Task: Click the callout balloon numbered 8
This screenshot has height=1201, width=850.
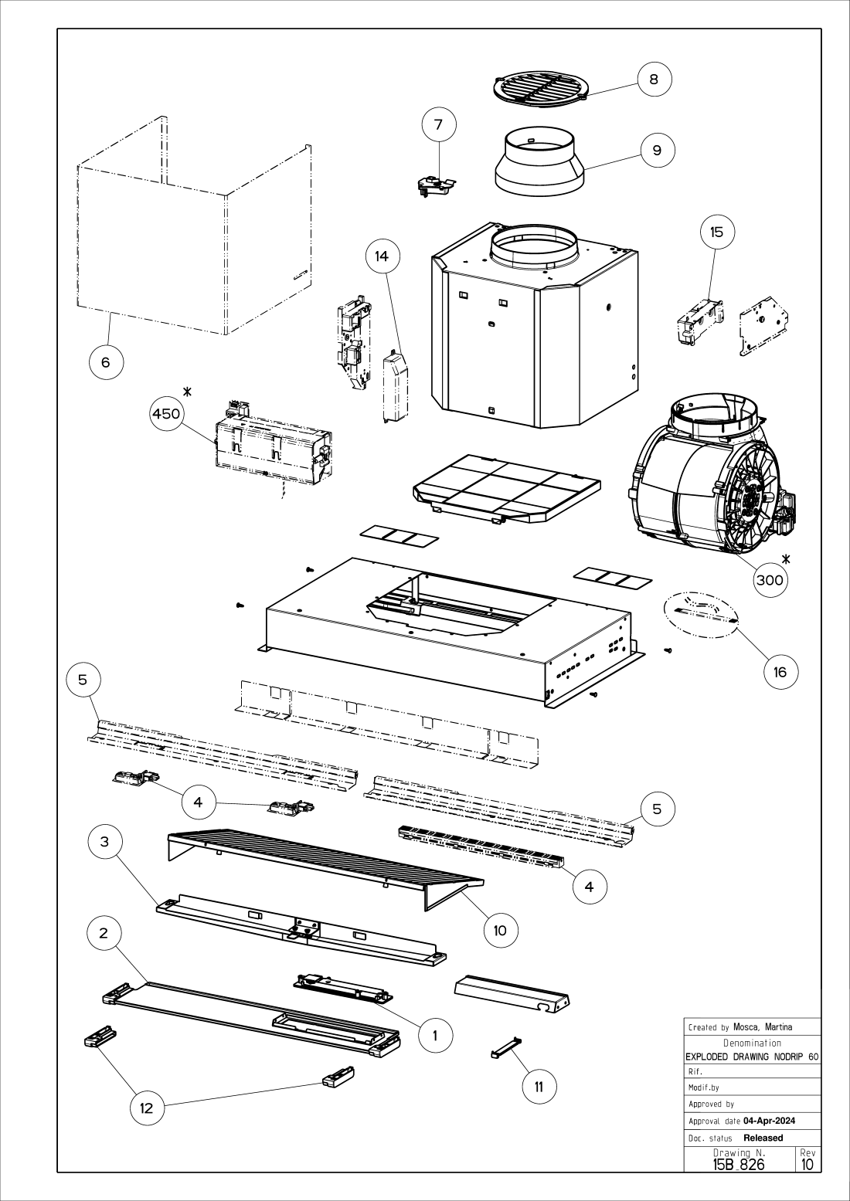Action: pos(654,79)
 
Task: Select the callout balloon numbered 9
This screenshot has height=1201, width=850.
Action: pos(657,150)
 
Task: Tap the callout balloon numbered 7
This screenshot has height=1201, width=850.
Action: pos(439,124)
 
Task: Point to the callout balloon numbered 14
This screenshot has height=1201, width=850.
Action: pos(382,256)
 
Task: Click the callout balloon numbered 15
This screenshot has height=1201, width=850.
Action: pos(717,232)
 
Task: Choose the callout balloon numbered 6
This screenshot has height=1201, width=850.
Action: pos(106,361)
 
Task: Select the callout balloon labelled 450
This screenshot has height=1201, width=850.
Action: pos(166,414)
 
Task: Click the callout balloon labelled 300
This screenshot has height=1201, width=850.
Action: pos(770,580)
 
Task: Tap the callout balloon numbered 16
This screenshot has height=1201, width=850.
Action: pos(780,672)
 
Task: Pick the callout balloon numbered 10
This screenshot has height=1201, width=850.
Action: pos(500,930)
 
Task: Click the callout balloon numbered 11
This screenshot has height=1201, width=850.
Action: pos(539,1087)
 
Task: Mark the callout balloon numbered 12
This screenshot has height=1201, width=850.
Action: pos(146,1108)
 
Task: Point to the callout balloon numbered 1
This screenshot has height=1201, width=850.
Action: pos(435,1035)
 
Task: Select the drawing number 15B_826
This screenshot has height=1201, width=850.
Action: pos(739,1164)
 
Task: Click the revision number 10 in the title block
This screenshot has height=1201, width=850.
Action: pos(807,1164)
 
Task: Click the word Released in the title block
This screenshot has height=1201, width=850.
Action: pos(763,1138)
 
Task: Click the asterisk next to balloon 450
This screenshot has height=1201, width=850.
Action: pos(187,392)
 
